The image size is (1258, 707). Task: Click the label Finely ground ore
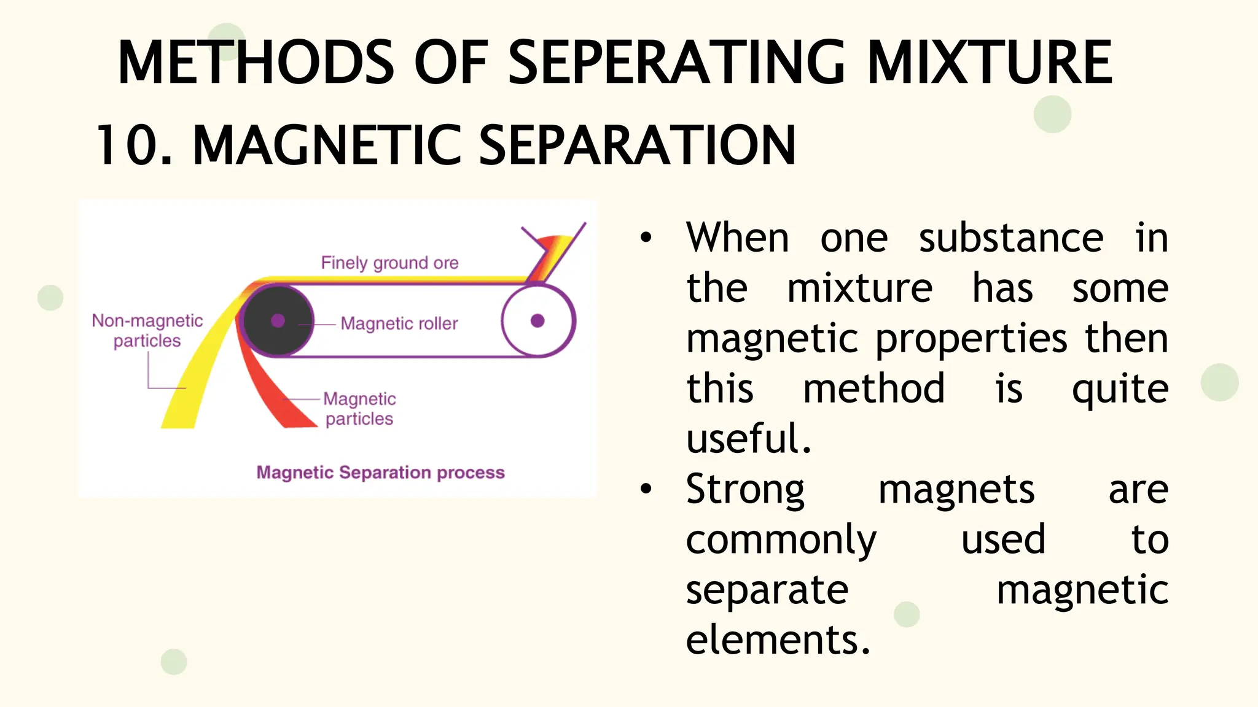click(389, 263)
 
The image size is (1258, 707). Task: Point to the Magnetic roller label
click(399, 323)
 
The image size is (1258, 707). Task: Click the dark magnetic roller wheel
click(278, 320)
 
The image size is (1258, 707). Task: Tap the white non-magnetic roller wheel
click(537, 320)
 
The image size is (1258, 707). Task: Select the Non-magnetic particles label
click(147, 330)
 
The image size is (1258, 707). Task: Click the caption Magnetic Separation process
click(380, 473)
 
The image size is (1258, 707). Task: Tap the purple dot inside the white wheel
click(537, 320)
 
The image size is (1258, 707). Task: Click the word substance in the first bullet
click(1011, 238)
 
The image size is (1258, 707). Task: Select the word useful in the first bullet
click(748, 439)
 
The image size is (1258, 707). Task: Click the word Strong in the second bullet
click(745, 490)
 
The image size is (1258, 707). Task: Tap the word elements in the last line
click(778, 640)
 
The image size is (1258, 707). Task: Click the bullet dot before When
click(646, 238)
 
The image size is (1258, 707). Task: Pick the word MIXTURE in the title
click(990, 62)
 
